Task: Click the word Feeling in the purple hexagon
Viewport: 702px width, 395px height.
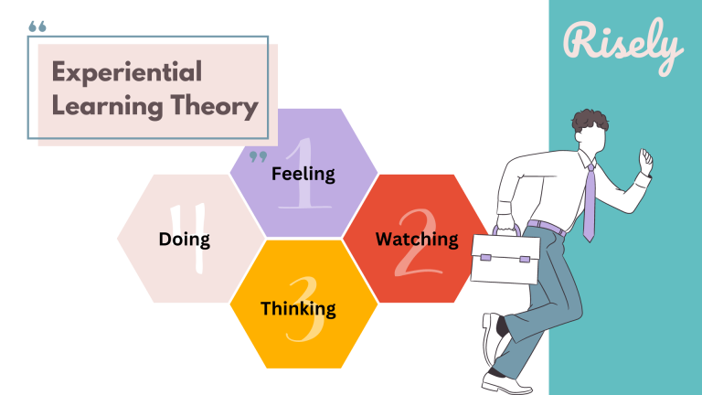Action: [x=303, y=174]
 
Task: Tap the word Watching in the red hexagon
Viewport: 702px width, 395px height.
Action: [x=417, y=240]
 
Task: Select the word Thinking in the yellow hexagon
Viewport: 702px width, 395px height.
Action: [x=298, y=308]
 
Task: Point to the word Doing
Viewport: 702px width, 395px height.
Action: [x=184, y=240]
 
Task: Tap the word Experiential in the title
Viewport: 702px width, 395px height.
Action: [x=126, y=71]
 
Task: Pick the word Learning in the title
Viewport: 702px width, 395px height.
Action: [x=108, y=106]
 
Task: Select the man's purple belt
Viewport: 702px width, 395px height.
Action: [x=548, y=224]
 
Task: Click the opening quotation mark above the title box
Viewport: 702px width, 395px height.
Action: [x=37, y=27]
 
